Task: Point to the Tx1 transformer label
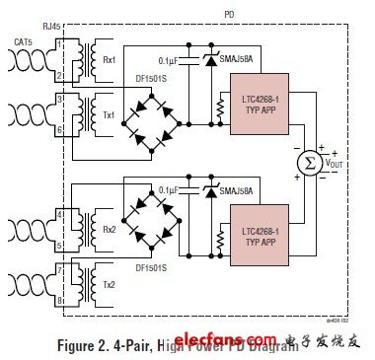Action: point(110,116)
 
